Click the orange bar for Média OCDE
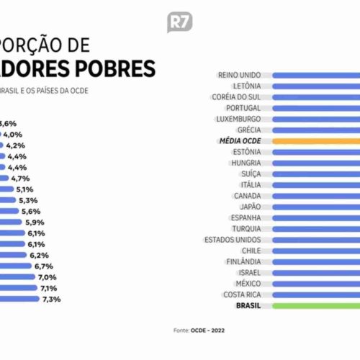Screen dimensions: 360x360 click(316, 141)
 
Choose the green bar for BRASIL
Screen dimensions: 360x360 click(316, 305)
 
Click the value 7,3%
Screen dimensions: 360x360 click(51, 299)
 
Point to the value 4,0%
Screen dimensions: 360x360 click(13, 134)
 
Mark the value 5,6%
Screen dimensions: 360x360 click(31, 211)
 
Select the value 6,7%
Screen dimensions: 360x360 click(42, 266)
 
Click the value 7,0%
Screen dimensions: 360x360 click(47, 277)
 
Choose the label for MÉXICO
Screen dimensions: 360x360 click(253, 284)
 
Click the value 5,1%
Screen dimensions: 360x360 click(25, 189)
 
